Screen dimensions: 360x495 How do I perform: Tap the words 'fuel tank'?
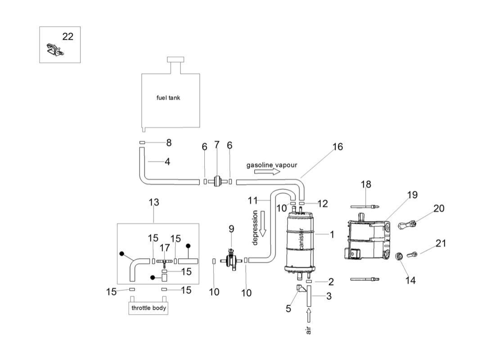(x=168, y=98)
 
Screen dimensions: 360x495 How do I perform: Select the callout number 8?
(x=169, y=143)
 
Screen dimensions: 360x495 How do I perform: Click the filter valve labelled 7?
(x=217, y=181)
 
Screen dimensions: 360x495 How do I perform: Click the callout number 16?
(x=337, y=147)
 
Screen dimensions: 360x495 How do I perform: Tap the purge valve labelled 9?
(x=232, y=259)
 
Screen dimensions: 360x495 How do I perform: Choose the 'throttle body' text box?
(x=148, y=308)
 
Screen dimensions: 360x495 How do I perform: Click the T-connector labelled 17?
(x=164, y=261)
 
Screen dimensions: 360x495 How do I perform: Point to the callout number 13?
(x=154, y=202)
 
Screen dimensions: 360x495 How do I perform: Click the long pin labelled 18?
(x=364, y=207)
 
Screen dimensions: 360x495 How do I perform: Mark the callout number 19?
(x=412, y=195)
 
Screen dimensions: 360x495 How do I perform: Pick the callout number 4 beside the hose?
(x=167, y=161)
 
